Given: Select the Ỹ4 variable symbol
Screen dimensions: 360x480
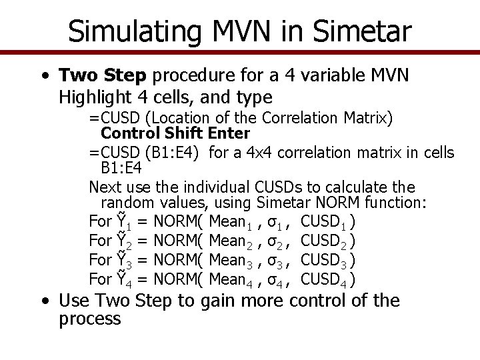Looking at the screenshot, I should (x=123, y=278).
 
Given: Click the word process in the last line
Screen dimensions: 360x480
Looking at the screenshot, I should (x=90, y=319).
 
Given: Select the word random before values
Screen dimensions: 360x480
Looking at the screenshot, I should (x=125, y=203).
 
